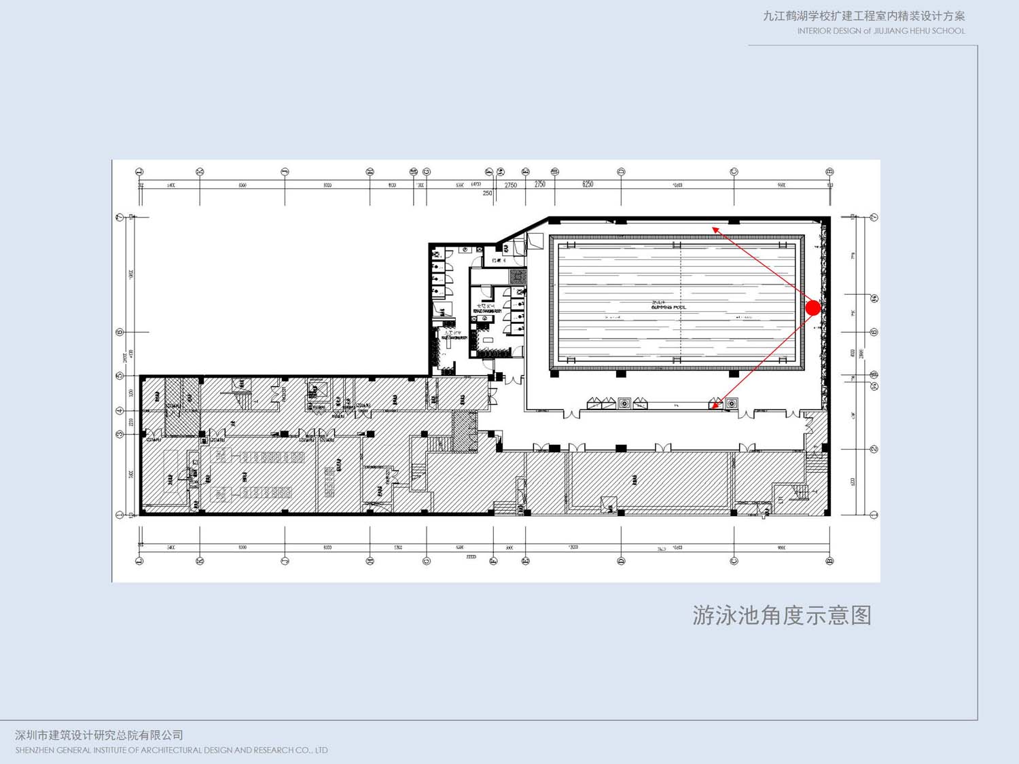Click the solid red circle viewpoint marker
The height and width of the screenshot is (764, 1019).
coord(813,308)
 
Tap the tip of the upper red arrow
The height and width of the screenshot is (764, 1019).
coord(713,228)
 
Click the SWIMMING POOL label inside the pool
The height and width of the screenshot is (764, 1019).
coord(668,306)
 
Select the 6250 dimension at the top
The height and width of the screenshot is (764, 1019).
coord(588,184)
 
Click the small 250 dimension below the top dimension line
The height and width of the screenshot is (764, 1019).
coord(487,194)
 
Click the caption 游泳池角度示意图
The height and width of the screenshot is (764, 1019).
coord(782,615)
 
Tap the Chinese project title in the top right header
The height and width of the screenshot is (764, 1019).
coord(863,16)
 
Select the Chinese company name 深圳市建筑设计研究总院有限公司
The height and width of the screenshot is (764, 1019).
coord(99,735)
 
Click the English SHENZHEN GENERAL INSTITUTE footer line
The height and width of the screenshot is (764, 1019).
coord(171,750)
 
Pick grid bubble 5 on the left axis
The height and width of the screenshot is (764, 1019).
coord(120,376)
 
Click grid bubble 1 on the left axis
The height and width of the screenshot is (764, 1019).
coord(120,515)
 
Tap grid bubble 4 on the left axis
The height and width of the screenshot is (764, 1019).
coord(120,411)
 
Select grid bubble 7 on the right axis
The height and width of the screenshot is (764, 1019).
coord(874,217)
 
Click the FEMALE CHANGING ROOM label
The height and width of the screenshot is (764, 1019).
coord(487,311)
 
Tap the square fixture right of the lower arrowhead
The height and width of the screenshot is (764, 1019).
coord(731,404)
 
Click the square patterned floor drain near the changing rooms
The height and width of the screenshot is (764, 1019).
coord(518,276)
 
